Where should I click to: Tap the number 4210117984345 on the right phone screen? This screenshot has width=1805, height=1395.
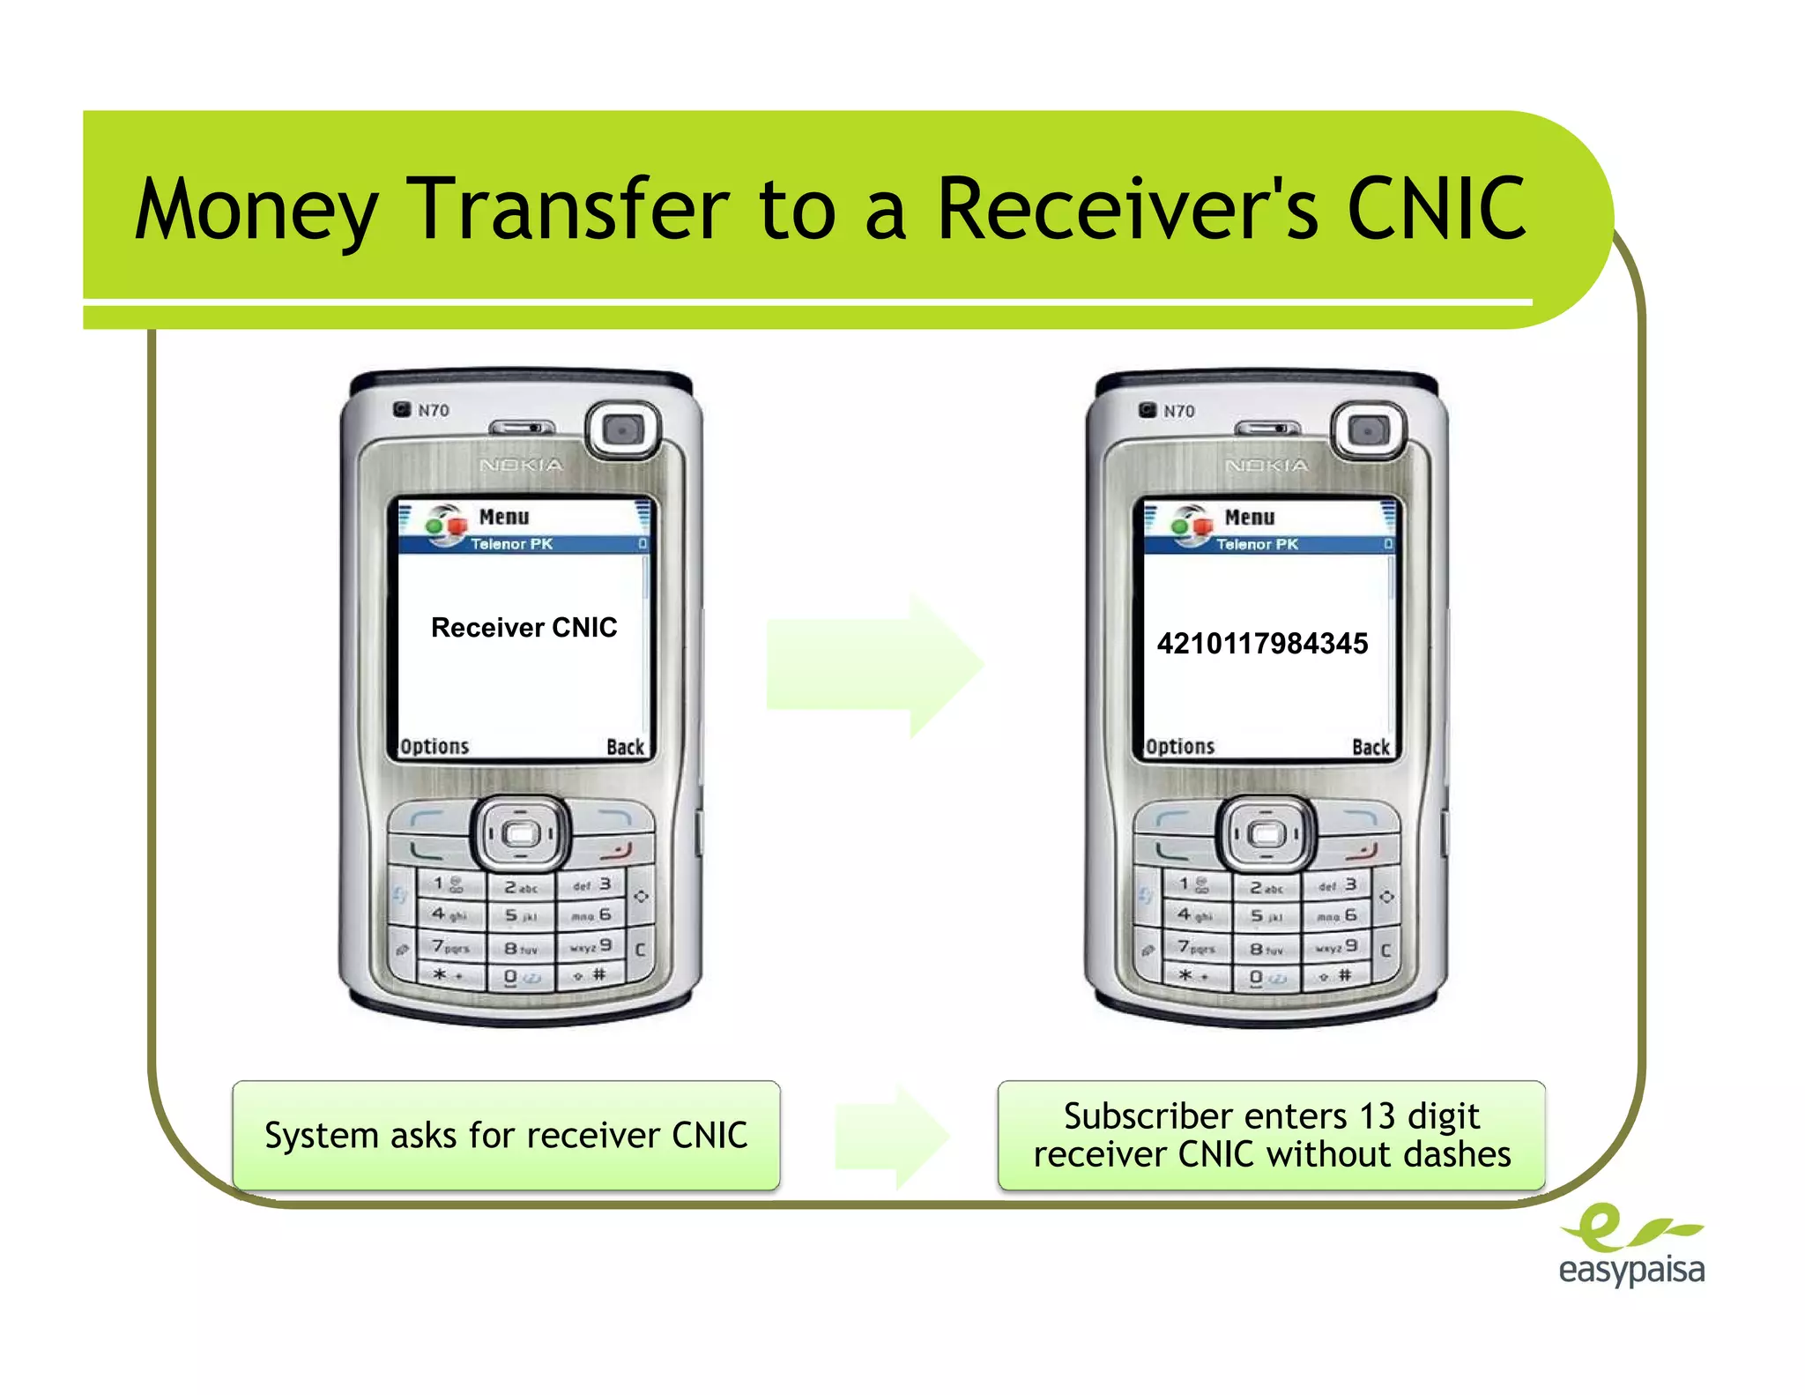click(1262, 644)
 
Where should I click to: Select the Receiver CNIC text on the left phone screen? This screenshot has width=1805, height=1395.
click(524, 628)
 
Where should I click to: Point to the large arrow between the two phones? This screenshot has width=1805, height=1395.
click(875, 664)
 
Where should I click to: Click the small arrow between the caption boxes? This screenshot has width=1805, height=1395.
click(892, 1137)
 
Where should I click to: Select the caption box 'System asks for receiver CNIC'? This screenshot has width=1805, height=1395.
click(506, 1136)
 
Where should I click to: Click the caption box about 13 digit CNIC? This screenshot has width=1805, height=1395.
click(1271, 1136)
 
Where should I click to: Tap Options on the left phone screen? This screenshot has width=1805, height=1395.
click(435, 747)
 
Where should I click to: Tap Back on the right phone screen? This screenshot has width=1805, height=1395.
click(1370, 748)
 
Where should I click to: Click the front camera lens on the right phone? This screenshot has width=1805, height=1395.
click(1369, 431)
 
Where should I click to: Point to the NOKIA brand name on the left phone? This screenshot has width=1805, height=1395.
click(521, 465)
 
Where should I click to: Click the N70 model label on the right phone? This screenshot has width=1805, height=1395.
click(1178, 411)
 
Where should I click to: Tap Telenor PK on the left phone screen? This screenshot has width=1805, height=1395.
click(511, 544)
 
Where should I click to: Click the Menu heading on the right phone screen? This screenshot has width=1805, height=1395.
click(1249, 517)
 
